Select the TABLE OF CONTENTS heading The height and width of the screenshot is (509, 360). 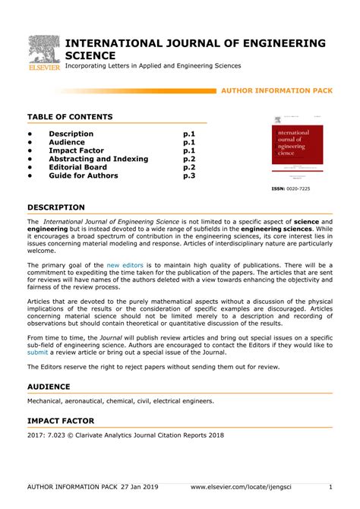[x=70, y=116]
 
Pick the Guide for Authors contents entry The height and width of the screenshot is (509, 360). [x=84, y=175]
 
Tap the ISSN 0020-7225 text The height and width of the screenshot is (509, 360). [x=291, y=188]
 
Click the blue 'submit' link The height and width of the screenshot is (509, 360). [x=37, y=353]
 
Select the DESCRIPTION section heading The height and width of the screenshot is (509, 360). [x=56, y=207]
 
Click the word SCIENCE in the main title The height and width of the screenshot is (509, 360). [x=90, y=55]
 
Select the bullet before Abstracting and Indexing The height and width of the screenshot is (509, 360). [x=31, y=159]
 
